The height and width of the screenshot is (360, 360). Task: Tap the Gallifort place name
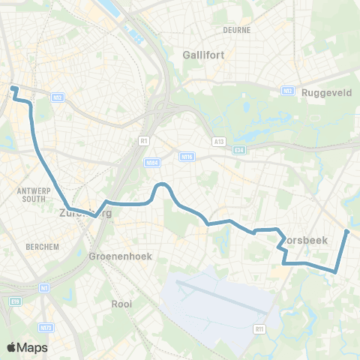204,54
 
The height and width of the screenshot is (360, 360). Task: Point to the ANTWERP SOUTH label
32,195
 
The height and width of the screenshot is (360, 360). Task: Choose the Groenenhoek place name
120,256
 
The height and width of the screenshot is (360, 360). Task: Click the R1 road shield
142,139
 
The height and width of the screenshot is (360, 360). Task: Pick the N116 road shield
187,156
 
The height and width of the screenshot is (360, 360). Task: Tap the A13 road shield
218,140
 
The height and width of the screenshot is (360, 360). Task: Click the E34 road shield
239,150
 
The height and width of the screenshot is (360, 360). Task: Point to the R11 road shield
260,328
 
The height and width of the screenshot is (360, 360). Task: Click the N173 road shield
46,328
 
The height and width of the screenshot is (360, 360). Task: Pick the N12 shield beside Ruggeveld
286,91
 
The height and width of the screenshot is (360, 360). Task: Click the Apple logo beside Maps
12,347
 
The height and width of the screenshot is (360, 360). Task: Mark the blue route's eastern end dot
347,231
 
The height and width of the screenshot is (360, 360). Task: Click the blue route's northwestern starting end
13,89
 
